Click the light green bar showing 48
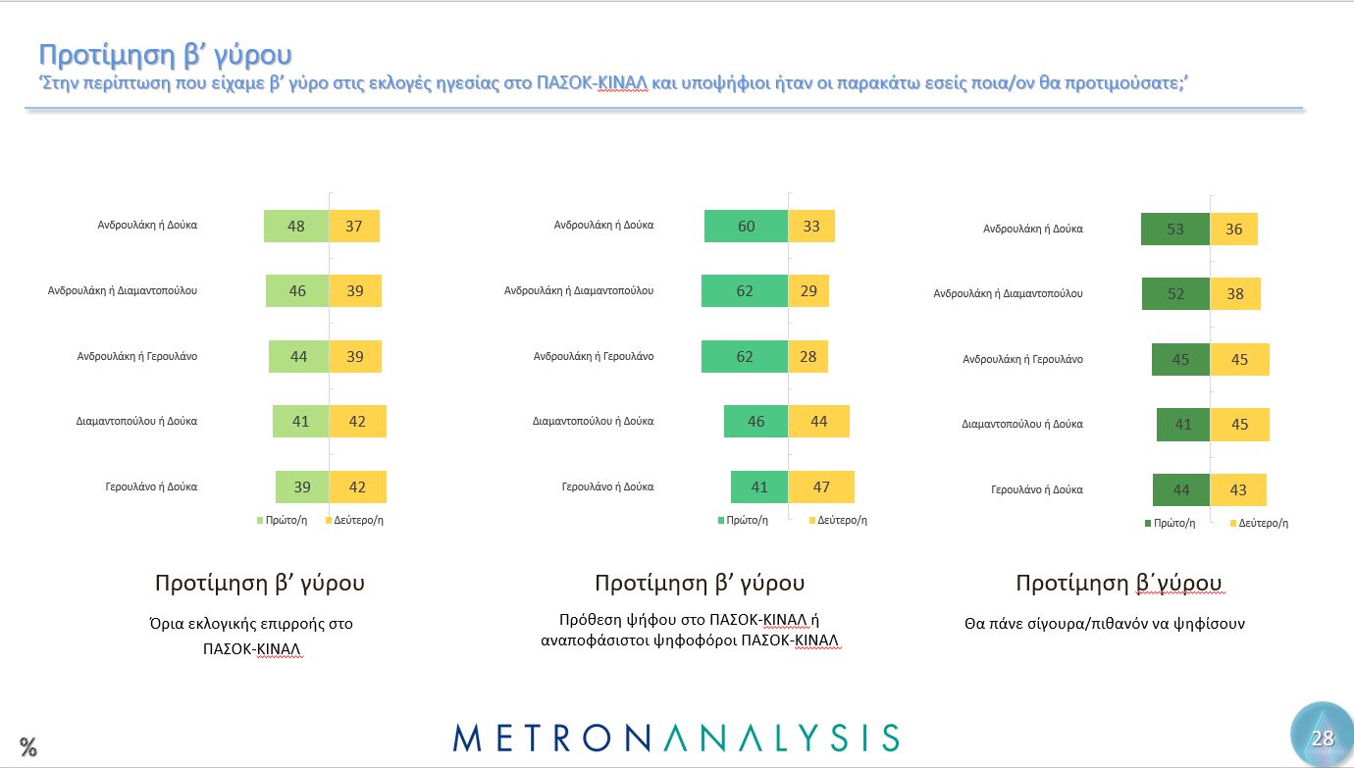pos(296,227)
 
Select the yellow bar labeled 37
pos(354,227)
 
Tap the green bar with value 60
pos(746,227)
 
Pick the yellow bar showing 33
pos(811,227)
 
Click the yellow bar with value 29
pos(808,291)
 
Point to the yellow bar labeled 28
pos(807,357)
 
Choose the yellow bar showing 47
pos(821,487)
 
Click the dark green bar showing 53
pos(1175,230)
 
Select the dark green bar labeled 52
pos(1175,294)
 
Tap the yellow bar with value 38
pos(1235,294)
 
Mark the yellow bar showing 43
pos(1238,490)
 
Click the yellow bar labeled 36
pos(1233,230)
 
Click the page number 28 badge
pos(1322,738)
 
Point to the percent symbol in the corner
pos(27,746)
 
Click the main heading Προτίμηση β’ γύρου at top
pos(165,54)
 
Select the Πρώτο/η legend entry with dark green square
pos(1170,523)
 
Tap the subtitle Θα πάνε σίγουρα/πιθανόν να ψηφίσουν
pos(1105,623)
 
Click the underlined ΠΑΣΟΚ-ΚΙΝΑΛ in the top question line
pos(592,84)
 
